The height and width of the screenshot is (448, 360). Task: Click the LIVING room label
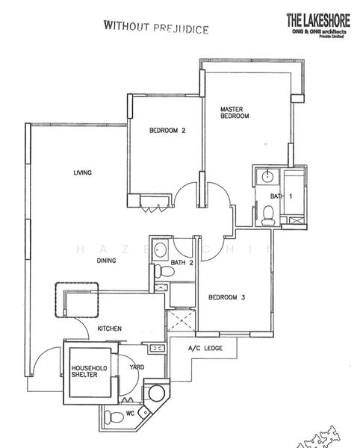[x=82, y=173]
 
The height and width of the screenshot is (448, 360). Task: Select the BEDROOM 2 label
[x=167, y=131]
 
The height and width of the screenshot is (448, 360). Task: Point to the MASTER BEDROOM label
[x=233, y=113]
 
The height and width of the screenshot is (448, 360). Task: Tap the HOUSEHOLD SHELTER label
[x=89, y=373]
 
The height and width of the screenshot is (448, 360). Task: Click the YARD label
[x=137, y=367]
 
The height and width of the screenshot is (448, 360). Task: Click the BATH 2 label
[x=182, y=263]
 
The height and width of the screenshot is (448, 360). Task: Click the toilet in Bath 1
[x=266, y=214]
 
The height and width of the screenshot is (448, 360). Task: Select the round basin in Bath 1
[x=267, y=177]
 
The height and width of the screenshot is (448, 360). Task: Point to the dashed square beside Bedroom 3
[x=181, y=323]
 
